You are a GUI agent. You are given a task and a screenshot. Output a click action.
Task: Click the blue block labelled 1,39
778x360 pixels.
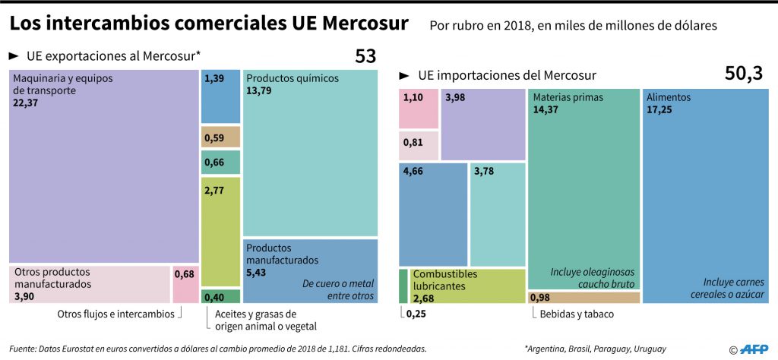(220, 96)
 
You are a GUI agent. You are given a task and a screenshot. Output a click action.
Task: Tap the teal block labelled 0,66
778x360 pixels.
(220, 162)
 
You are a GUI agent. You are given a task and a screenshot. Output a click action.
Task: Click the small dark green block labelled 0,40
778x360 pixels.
(220, 296)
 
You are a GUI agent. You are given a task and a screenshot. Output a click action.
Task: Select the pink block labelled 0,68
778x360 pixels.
(185, 283)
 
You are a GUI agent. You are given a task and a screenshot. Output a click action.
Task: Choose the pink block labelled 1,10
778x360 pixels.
(419, 108)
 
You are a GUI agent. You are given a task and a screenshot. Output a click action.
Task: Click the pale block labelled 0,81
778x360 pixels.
(419, 144)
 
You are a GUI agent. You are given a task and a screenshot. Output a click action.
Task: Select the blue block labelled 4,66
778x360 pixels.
(433, 213)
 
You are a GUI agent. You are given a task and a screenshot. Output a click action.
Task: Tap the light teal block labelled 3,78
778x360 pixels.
(497, 213)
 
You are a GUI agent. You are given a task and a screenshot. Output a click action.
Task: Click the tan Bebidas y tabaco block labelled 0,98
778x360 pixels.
(583, 297)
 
